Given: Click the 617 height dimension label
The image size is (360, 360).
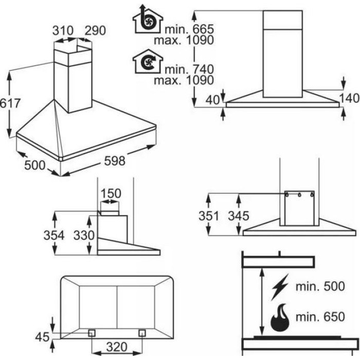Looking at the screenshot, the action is (10, 103).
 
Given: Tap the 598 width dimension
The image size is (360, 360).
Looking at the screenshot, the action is (115, 160).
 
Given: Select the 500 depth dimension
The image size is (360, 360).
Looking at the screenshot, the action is (34, 165).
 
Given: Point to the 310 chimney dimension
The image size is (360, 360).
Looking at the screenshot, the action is (63, 30).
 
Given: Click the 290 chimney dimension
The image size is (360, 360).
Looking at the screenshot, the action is (95, 30).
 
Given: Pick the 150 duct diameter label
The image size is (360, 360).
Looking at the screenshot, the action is (111, 193).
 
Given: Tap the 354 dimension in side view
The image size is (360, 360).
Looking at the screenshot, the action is (54, 236).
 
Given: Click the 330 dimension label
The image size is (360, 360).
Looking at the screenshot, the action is (84, 236).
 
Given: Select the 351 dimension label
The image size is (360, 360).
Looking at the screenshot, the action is (209, 216).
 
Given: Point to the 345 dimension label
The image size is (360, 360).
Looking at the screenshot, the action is (239, 216).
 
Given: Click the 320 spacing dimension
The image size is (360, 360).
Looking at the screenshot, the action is (117, 347).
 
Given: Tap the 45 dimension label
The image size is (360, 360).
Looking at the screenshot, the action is (42, 337).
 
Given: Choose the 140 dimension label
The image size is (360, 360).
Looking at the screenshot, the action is (349, 98).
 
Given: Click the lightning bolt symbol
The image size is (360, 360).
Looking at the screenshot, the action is (280, 287).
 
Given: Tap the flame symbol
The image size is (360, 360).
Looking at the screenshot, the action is (280, 317).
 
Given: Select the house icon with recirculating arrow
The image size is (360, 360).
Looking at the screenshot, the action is (148, 61).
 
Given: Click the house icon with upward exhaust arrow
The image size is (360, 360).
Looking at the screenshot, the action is (148, 19).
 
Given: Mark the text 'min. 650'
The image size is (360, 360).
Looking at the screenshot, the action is (320, 317).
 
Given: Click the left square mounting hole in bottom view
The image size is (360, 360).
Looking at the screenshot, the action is (92, 333).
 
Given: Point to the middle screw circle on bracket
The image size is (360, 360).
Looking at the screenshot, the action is (299, 195).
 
